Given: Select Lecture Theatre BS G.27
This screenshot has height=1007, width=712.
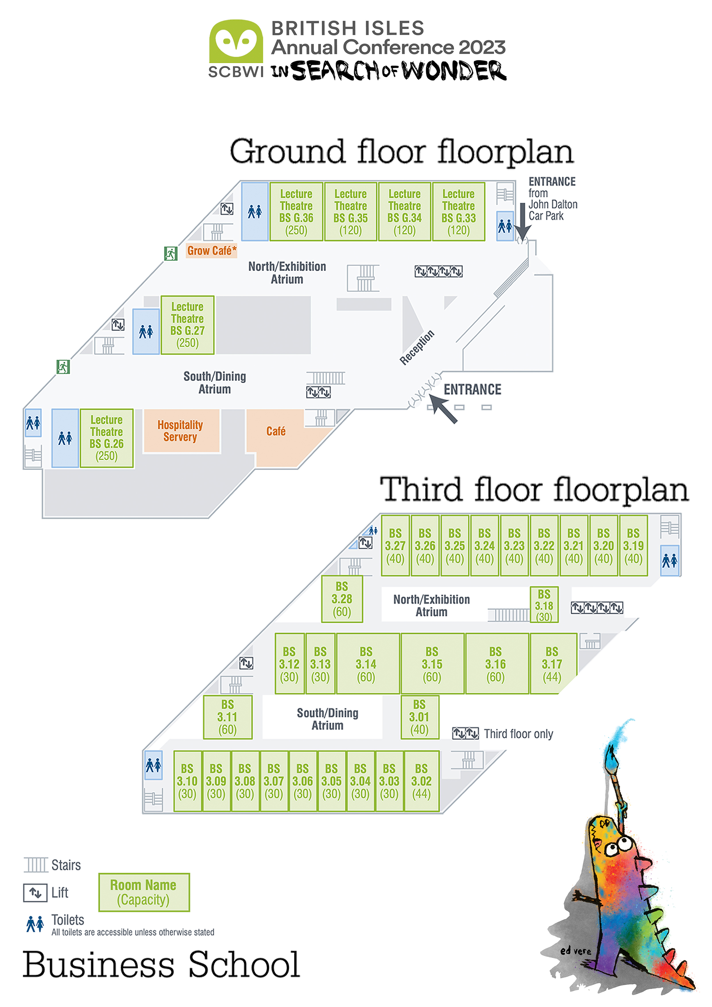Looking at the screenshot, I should pos(187,325).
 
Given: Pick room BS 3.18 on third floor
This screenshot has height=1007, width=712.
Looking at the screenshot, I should pos(544,605).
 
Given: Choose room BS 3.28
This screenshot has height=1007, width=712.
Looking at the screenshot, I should pos(342,599).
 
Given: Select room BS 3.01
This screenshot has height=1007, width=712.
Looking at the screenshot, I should pos(419,717).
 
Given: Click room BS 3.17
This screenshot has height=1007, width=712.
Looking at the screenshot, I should pos(552,664).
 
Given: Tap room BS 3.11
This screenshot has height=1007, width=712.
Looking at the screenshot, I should pos(227,717).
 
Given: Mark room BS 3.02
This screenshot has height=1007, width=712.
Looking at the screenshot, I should pos(421,781).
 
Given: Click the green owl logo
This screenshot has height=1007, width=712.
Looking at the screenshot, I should pos(236,41).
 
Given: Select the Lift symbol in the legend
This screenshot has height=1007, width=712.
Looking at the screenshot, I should pos(35,892).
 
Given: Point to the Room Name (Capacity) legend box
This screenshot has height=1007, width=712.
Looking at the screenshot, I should pos(144,892).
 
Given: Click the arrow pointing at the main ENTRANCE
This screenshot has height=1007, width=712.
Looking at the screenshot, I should pos(443,408).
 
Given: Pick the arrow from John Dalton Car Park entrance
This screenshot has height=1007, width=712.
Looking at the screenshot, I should pos(522,222).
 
